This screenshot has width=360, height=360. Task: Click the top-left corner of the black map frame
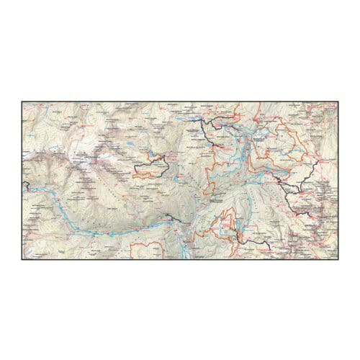pos(20,102)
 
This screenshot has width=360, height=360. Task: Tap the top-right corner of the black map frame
pos(340,102)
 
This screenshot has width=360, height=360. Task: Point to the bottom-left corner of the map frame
pos(20,259)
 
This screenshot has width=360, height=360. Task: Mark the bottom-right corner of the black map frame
pos(340,259)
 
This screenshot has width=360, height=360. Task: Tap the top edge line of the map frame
pos(180,102)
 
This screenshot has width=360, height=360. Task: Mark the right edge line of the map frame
pos(340,180)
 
